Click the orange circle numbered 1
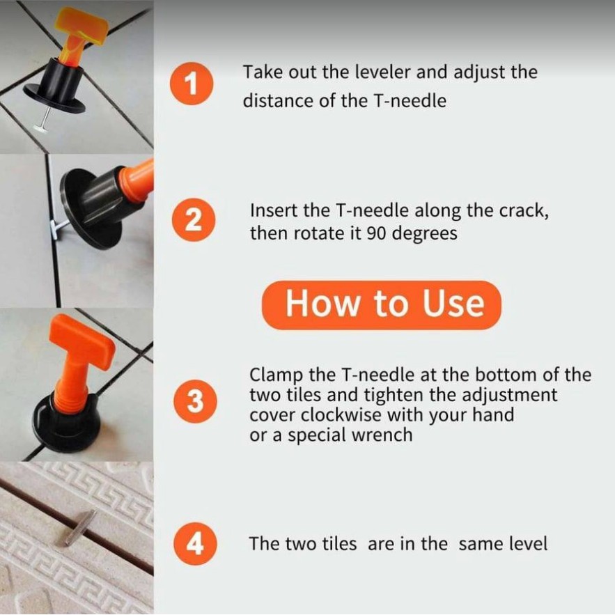[x=192, y=84]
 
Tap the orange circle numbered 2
[x=194, y=219]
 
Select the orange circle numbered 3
[x=195, y=401]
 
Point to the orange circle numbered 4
[x=195, y=543]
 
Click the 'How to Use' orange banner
[x=381, y=305]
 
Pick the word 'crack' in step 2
[x=521, y=211]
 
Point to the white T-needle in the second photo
[x=58, y=228]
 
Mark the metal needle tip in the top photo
[x=41, y=127]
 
